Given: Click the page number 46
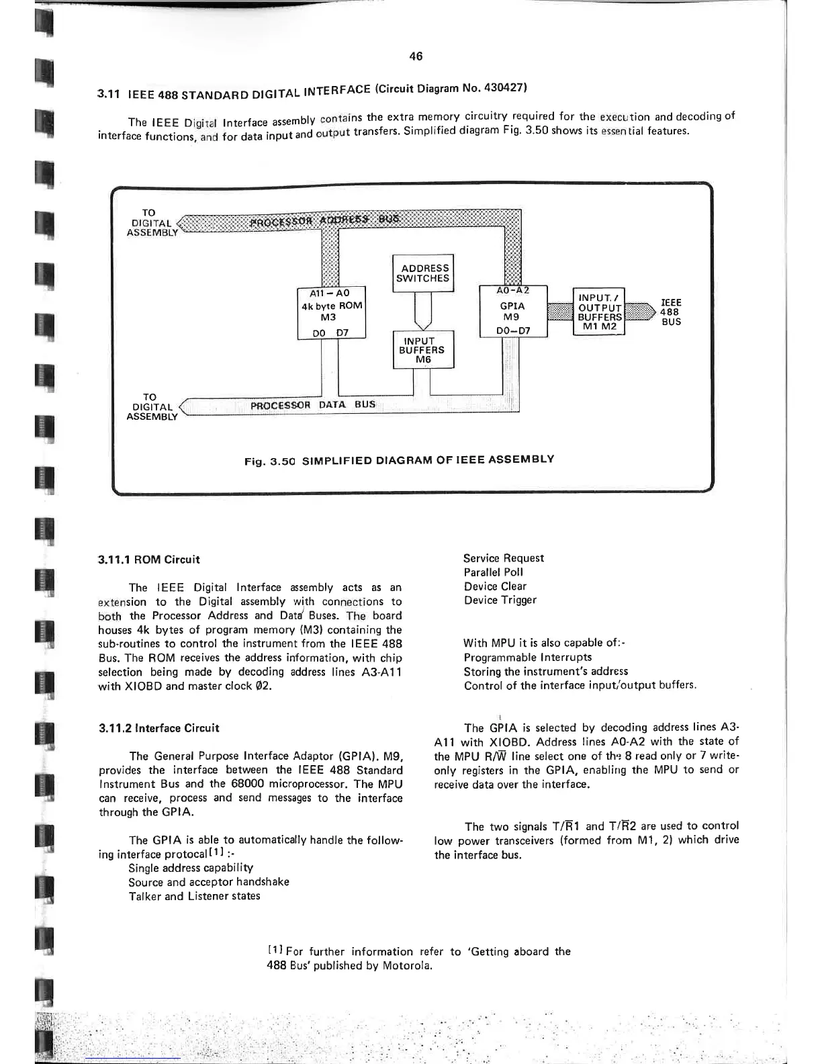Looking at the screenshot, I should pos(415,56).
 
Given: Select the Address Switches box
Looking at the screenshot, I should pos(423,273).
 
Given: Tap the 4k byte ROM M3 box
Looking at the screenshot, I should pos(331,313).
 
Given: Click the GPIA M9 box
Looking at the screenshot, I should pos(513,311).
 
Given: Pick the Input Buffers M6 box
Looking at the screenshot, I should pos(423,350).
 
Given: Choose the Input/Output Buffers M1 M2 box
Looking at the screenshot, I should pos(599,312).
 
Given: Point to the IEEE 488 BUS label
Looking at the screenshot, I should pos(671,312).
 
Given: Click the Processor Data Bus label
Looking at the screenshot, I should pos(313,405).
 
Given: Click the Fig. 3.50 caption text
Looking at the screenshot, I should pos(399,461).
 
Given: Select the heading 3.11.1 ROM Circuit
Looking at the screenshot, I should pos(149,560).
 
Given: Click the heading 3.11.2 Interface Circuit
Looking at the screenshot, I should pos(158,728).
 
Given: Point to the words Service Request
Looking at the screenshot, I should pos(504,558).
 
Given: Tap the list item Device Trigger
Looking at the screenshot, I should pos(500,601).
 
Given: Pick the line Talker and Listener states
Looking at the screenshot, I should pos(194,896).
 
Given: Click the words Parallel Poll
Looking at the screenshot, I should pos(494,572).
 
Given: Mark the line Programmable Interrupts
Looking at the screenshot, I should pos(528,658).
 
